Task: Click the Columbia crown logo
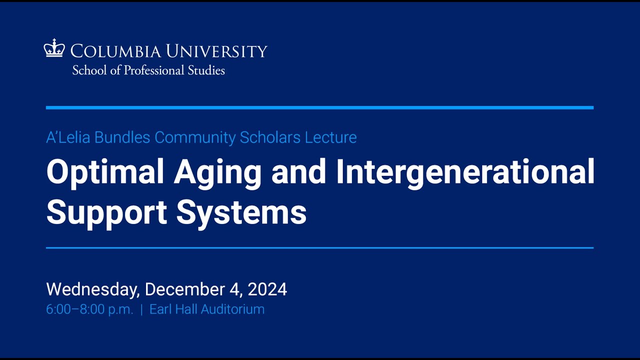[x=54, y=48]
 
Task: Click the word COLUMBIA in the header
[x=115, y=51]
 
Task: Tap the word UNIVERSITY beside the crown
[x=216, y=51]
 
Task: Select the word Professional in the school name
[x=153, y=70]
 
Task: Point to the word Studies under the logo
[x=206, y=70]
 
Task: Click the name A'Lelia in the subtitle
[x=68, y=137]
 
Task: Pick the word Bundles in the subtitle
[x=122, y=137]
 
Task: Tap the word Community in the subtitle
[x=195, y=138]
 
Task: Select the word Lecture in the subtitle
[x=331, y=137]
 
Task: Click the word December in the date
[x=185, y=289]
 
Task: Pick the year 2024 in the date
[x=267, y=289]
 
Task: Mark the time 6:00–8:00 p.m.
[x=89, y=309]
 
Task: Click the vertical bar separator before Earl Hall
[x=141, y=309]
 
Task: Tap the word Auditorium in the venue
[x=232, y=309]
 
